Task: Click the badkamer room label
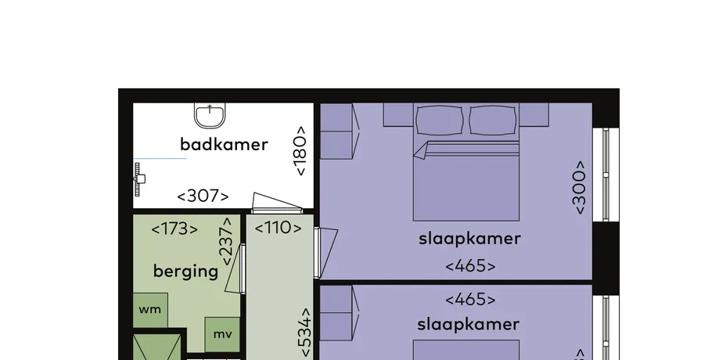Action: coord(224,145)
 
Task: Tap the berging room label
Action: coord(185,271)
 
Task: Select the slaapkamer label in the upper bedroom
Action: coord(469,239)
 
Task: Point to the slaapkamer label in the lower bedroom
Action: coord(469,324)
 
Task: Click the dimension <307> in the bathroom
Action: coord(203,196)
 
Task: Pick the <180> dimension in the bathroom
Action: coord(300,150)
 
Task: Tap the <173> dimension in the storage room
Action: coord(174,229)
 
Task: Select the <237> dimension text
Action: coord(226,241)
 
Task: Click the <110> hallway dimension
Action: coord(279,228)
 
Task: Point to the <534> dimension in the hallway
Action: coord(305,333)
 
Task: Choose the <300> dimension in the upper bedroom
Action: coord(579,188)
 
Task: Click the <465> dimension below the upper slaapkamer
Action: coord(470,266)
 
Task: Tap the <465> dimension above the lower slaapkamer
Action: coord(470,299)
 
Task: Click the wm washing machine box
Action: coord(150,310)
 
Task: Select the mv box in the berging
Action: coord(222,335)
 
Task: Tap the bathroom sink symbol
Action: coord(210,116)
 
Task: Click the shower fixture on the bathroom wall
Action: coord(139,179)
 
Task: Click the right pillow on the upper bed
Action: coord(493,121)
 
